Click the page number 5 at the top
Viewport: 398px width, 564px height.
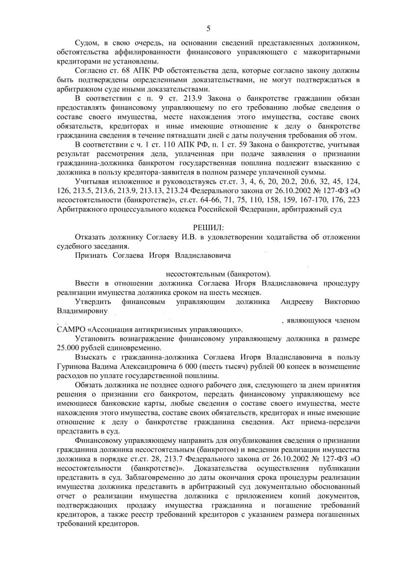[208, 29]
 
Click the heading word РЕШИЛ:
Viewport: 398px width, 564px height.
[208, 228]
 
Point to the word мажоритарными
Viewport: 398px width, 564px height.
[335, 52]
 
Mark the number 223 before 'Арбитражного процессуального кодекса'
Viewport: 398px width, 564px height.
[354, 200]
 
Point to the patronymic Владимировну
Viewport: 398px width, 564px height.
[82, 311]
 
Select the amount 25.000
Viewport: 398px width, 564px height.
[68, 348]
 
